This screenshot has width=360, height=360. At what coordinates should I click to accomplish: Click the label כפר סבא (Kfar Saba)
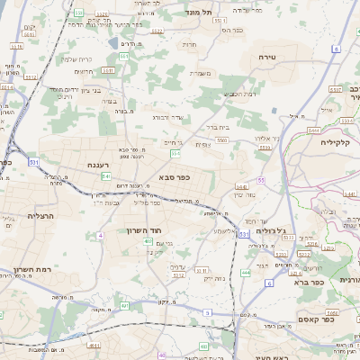tap(181, 177)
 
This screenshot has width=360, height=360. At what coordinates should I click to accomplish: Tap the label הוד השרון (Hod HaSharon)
tap(143, 230)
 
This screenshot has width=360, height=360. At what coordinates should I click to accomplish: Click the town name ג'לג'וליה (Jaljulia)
tap(270, 230)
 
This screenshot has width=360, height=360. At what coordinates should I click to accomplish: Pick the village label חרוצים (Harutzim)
tap(84, 72)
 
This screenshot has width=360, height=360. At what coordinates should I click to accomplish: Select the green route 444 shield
tap(247, 272)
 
